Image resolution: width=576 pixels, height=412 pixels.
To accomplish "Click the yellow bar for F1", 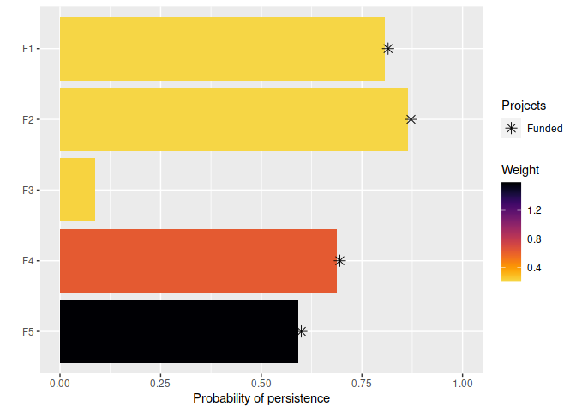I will tap(222, 49).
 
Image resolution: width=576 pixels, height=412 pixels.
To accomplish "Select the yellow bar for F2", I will tap(233, 119).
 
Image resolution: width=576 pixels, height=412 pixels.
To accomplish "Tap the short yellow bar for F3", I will tap(77, 190).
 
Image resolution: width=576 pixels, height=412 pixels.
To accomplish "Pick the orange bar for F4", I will tap(198, 261).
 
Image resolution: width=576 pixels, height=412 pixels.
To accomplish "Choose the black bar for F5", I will tap(179, 331).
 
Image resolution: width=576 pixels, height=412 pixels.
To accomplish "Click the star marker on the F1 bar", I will tap(387, 49).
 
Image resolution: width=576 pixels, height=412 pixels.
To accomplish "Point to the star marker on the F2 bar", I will tap(411, 119).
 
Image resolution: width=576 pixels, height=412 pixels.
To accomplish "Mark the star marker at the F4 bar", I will tap(339, 260).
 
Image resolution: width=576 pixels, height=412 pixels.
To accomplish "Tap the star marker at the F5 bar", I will tap(301, 331).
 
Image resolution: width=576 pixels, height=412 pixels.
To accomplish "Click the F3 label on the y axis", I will tap(27, 190).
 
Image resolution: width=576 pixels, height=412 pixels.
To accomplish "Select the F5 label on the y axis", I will tap(27, 331).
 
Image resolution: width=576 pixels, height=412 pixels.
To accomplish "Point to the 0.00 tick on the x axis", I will tap(60, 384).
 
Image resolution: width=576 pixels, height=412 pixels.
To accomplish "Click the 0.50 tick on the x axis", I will tap(261, 384).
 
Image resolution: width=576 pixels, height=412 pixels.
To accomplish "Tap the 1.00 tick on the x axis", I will tap(463, 384).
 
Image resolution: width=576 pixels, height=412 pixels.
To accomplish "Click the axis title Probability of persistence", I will tap(261, 399).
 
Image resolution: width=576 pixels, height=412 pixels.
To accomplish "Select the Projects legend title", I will tap(524, 106).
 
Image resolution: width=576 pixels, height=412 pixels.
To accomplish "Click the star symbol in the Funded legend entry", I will tap(512, 128).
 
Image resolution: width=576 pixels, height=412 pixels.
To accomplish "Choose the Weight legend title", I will tap(520, 170).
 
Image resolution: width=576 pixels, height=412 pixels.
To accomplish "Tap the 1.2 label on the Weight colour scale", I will tap(534, 209).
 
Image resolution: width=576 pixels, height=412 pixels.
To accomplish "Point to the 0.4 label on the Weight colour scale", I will tap(534, 268).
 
